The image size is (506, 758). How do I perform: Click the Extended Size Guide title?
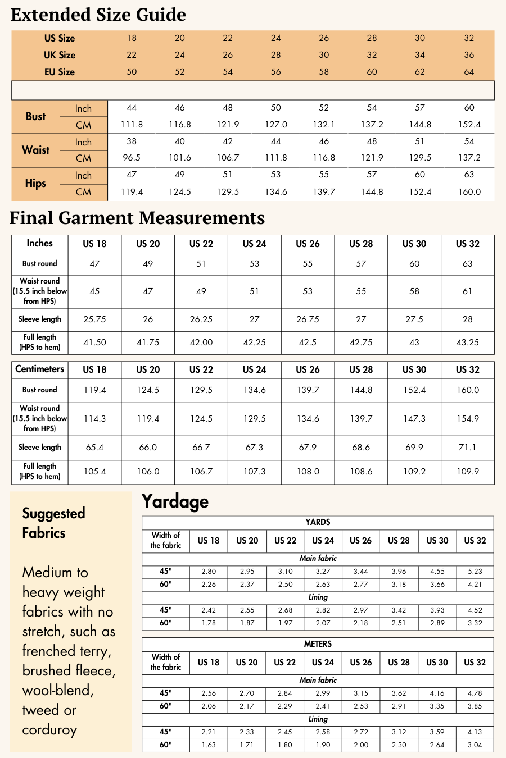click(98, 15)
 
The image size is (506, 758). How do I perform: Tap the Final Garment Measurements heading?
click(137, 218)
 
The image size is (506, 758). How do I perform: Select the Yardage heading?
click(175, 501)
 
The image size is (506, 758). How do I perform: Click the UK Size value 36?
click(469, 55)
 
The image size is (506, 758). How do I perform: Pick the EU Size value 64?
click(469, 72)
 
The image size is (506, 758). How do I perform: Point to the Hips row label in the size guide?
click(35, 184)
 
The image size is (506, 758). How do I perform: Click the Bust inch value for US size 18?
click(132, 108)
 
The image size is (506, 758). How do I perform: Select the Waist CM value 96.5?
click(132, 158)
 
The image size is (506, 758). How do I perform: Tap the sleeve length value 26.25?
click(201, 319)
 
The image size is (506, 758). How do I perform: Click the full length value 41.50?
click(94, 342)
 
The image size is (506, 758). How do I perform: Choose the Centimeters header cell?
click(39, 369)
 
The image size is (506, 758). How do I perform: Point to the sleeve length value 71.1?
click(467, 448)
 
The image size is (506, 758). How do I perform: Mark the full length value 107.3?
click(254, 472)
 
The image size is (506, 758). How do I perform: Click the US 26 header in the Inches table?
click(308, 244)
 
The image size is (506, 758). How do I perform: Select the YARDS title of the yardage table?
click(318, 522)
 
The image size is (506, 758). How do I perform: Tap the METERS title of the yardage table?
click(318, 644)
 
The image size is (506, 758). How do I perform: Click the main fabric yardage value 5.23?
click(475, 572)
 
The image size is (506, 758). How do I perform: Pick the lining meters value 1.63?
click(209, 745)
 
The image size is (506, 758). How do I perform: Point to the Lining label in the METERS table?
click(318, 719)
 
